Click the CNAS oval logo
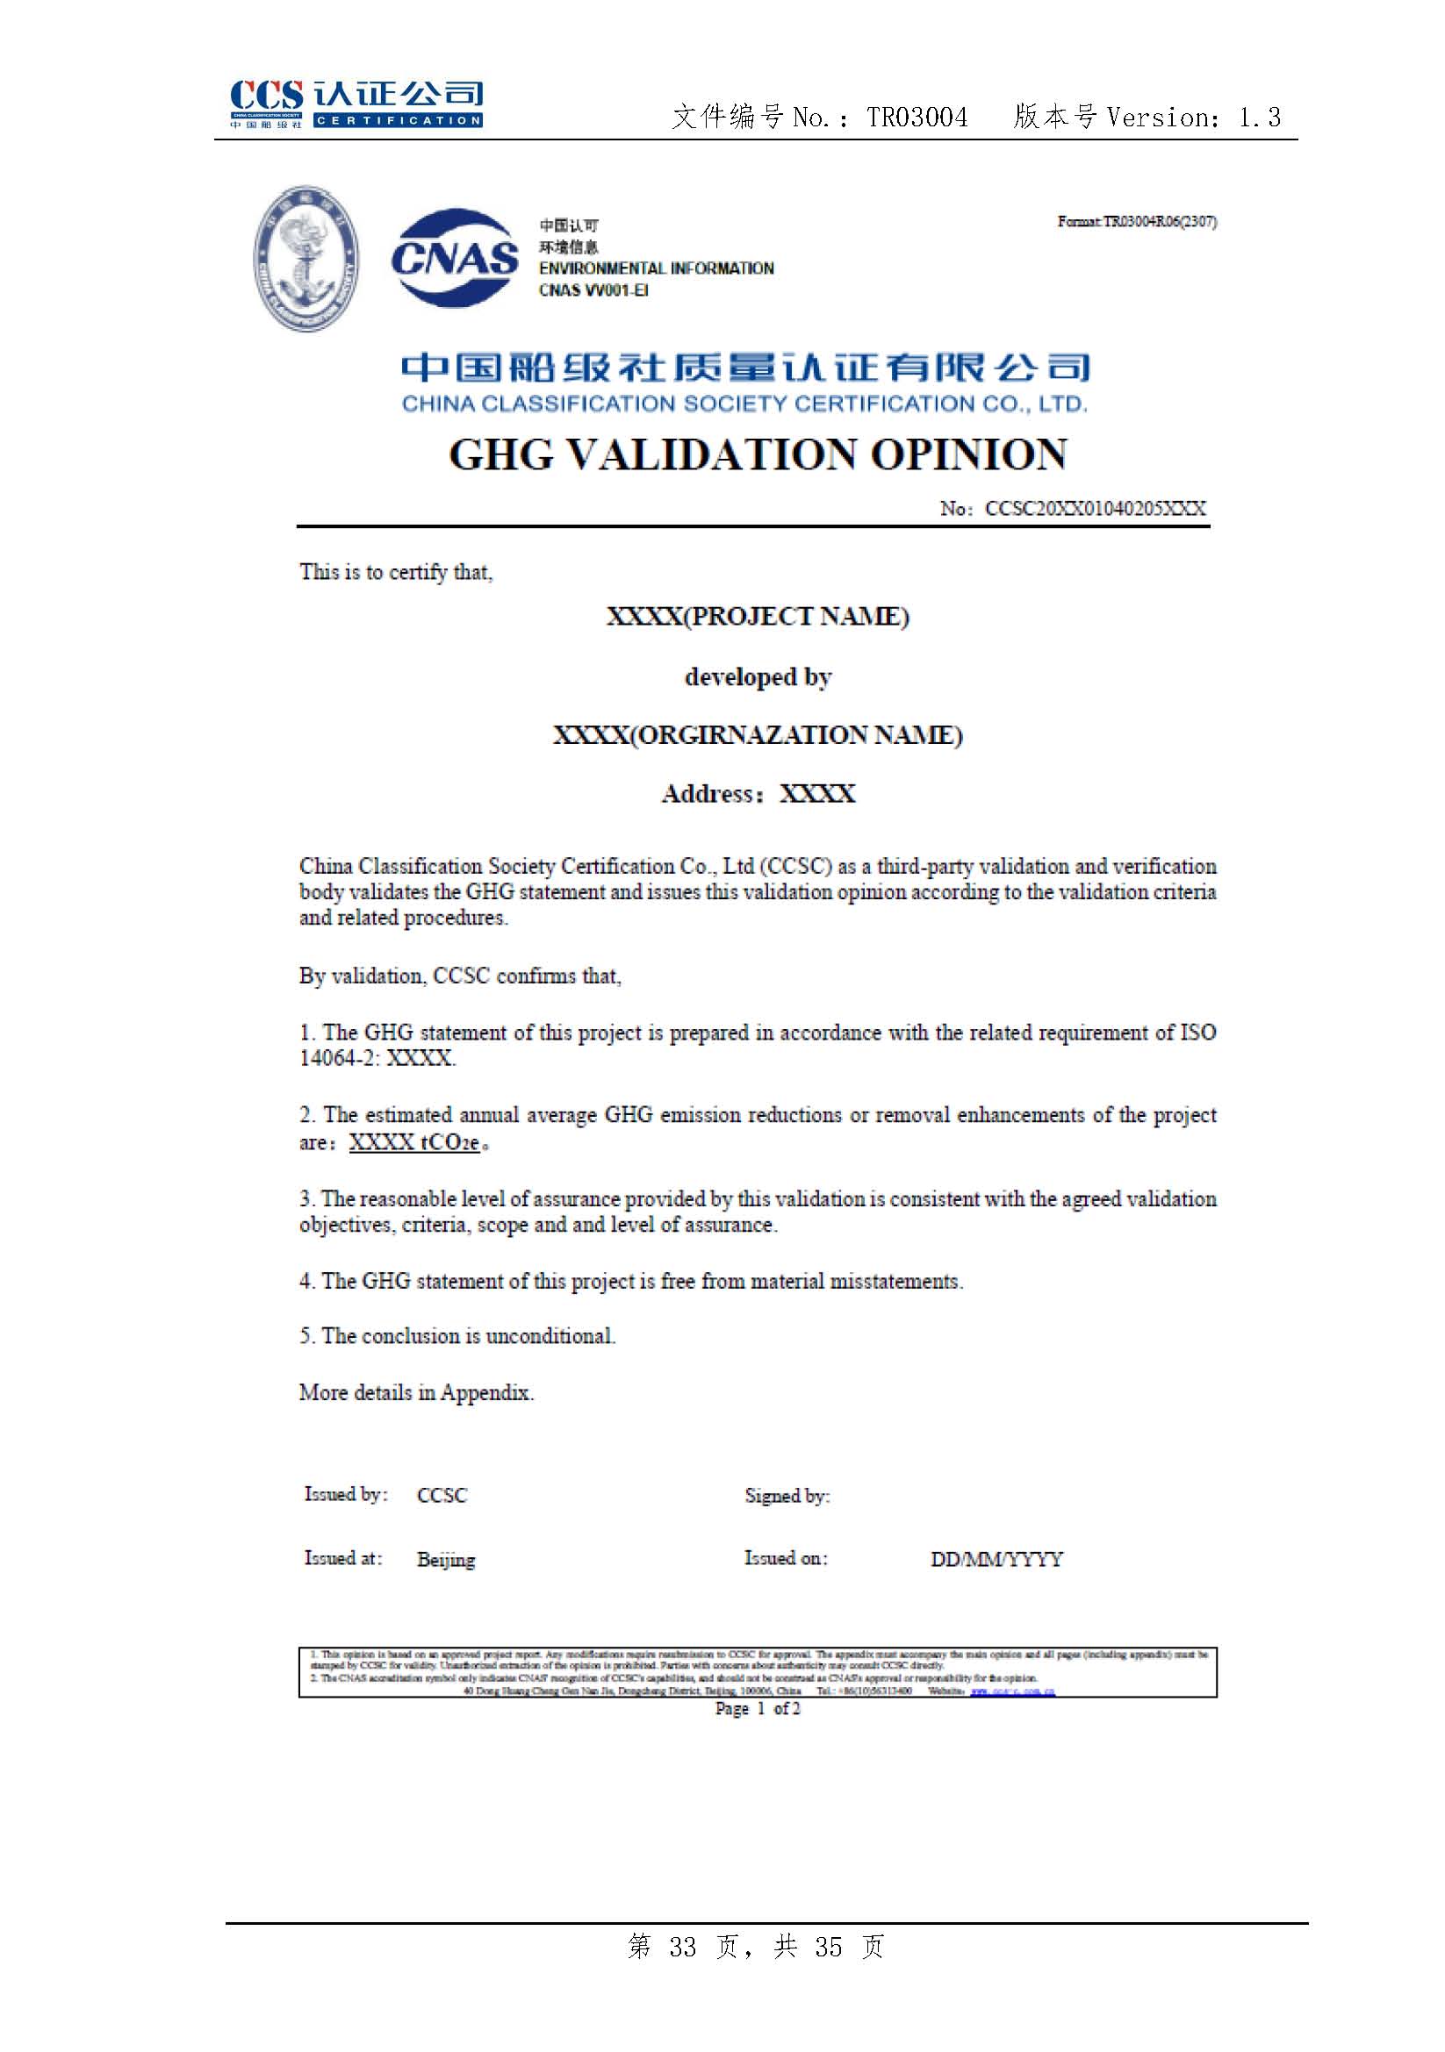tap(454, 257)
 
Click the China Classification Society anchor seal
tap(306, 258)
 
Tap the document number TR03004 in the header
tap(917, 117)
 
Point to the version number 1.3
tap(1259, 117)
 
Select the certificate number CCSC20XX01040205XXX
tap(1095, 509)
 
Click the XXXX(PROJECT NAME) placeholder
tap(758, 617)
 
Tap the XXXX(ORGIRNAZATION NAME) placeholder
tap(758, 734)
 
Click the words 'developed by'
tap(758, 677)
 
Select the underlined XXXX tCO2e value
tap(415, 1142)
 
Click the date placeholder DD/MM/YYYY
tap(996, 1560)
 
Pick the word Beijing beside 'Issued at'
tap(445, 1560)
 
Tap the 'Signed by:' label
tap(787, 1496)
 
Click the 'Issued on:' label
tap(786, 1559)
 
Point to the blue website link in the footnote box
tap(1012, 1691)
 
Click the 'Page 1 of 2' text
tap(758, 1709)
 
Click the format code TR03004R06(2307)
tap(1159, 222)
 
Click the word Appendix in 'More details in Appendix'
tap(485, 1392)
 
